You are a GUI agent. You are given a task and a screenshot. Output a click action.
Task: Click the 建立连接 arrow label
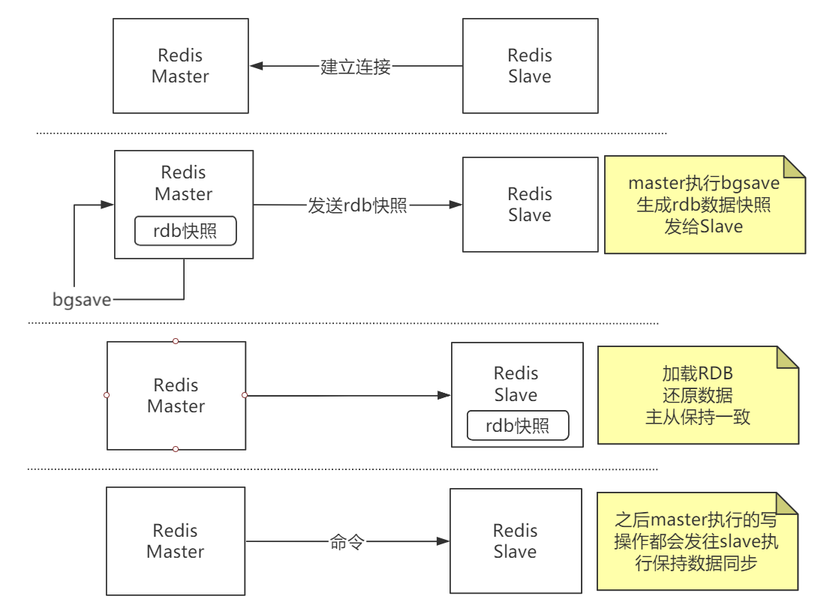click(355, 67)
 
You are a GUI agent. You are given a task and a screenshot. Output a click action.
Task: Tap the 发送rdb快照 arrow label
click(357, 205)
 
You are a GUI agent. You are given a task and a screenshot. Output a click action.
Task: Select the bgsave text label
click(82, 300)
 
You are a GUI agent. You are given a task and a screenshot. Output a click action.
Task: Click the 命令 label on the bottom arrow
click(347, 542)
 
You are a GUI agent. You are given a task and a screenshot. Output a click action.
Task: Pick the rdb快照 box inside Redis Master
click(185, 231)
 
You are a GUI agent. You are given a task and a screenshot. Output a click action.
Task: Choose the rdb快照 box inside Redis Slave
click(518, 426)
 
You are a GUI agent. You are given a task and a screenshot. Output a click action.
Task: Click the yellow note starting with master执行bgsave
click(705, 205)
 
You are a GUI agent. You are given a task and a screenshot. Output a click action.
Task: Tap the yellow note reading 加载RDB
click(698, 395)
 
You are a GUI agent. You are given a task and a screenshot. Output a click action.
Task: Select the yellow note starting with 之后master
click(697, 541)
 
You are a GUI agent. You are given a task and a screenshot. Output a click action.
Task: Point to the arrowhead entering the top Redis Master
click(256, 66)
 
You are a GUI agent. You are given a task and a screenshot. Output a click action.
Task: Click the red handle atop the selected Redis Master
click(176, 341)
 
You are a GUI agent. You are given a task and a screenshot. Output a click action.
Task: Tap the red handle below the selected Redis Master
click(176, 449)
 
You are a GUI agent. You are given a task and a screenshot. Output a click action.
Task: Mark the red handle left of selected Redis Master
click(107, 396)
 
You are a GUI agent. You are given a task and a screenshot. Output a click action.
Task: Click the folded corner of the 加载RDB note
click(786, 358)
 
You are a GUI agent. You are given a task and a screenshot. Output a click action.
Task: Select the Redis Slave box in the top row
click(530, 66)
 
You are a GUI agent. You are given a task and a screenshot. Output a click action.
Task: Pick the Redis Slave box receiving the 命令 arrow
click(516, 541)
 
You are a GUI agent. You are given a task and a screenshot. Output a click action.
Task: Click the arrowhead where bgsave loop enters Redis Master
click(107, 205)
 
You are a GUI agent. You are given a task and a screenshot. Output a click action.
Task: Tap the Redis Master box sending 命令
click(176, 541)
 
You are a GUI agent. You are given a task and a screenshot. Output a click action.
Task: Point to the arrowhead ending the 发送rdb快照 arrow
click(456, 205)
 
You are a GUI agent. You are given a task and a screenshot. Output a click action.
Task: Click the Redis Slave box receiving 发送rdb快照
click(530, 205)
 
